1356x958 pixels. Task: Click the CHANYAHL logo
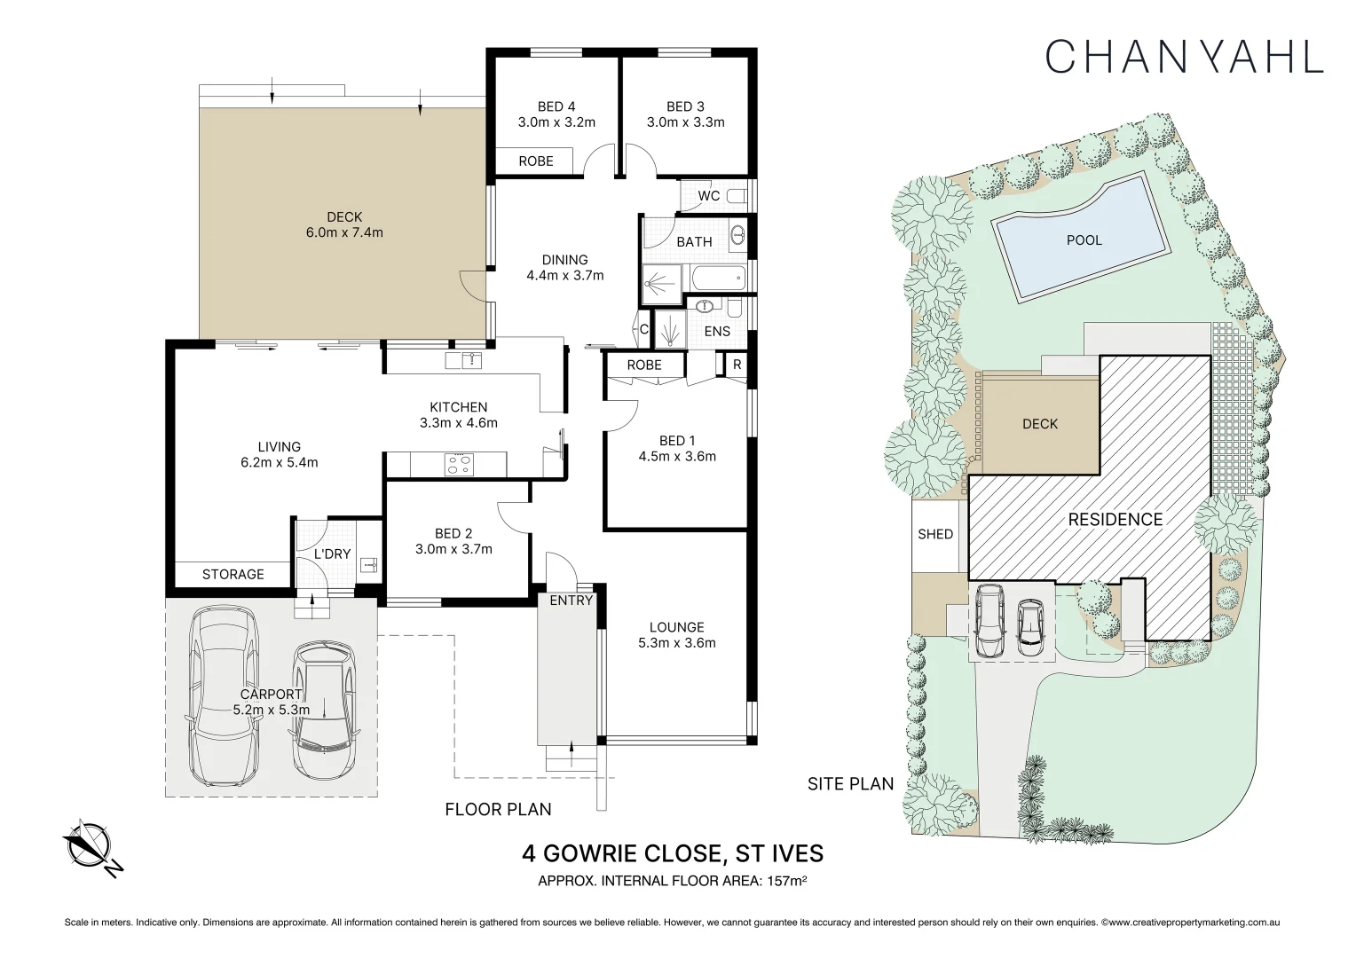[x=1184, y=57]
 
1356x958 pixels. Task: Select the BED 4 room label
[x=556, y=106]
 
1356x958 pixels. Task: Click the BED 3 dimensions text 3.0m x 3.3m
[x=685, y=122]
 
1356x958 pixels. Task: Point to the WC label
[x=709, y=196]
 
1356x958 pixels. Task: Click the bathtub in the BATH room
[x=717, y=279]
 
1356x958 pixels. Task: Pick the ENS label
[x=717, y=332]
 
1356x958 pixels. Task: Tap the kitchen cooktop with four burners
[x=459, y=464]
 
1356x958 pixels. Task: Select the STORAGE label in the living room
[x=233, y=574]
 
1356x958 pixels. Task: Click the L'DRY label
[x=332, y=554]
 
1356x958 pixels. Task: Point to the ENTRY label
[x=571, y=601]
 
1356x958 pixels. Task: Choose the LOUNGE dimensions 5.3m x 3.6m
[x=677, y=643]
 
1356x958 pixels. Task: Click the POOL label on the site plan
[x=1084, y=240]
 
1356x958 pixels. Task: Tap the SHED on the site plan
[x=935, y=535]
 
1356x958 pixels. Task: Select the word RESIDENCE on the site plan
[x=1116, y=519]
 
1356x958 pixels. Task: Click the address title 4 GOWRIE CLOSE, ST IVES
[x=673, y=853]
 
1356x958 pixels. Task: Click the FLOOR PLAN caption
[x=498, y=810]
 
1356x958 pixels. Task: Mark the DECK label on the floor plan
[x=344, y=216]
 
